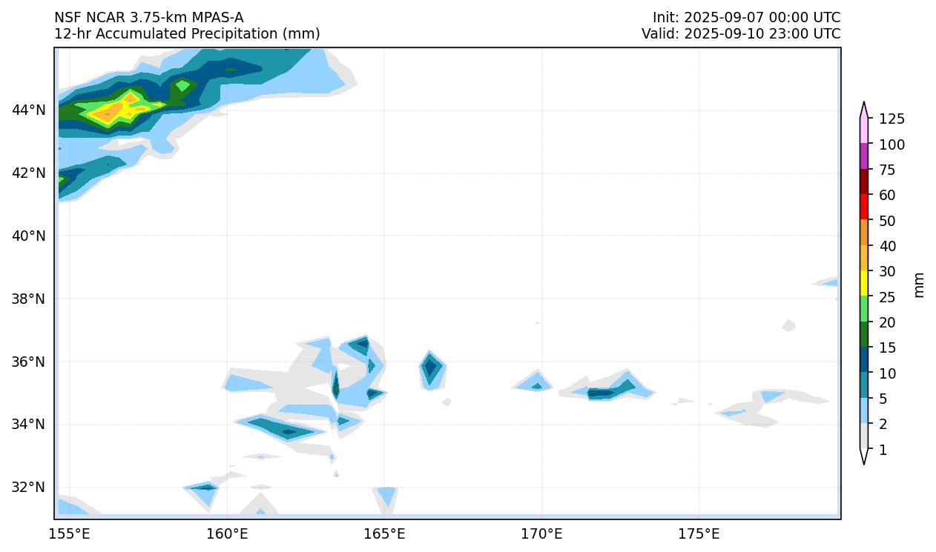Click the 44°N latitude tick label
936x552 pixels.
tap(28, 110)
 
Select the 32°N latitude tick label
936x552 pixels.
tap(28, 488)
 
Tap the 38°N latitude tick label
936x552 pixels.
tap(28, 299)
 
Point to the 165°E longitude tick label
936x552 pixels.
tap(384, 533)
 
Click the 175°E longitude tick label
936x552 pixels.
tap(699, 533)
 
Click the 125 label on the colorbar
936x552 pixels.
tap(891, 119)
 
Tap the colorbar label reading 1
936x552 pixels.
tap(883, 450)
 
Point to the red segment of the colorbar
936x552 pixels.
tap(864, 206)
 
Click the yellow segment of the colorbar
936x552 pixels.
tap(864, 282)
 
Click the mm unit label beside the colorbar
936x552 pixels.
tap(919, 285)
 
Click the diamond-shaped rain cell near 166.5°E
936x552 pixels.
tap(430, 368)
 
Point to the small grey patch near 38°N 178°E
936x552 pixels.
tap(788, 325)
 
